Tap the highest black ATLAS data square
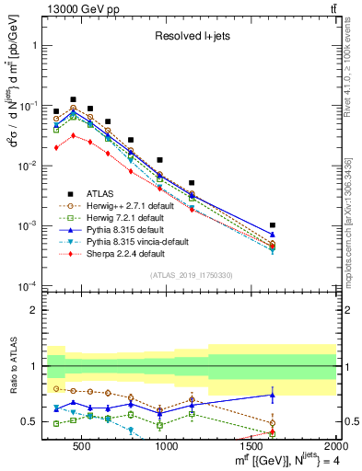click(x=73, y=99)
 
